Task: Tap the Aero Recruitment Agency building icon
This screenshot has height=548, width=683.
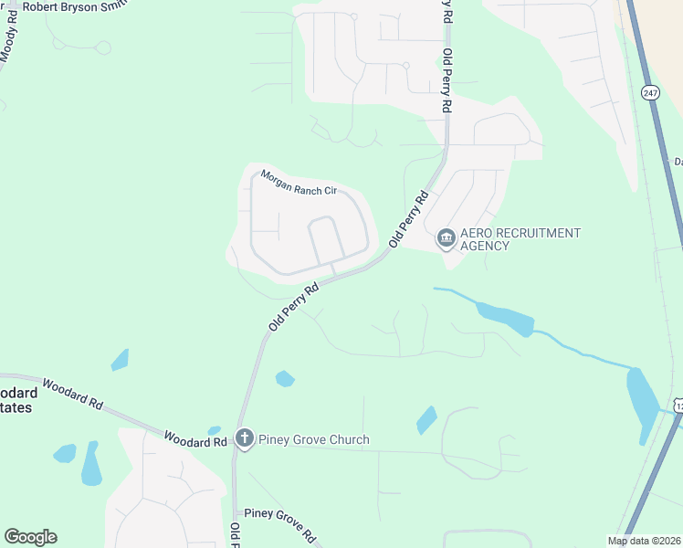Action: tap(446, 239)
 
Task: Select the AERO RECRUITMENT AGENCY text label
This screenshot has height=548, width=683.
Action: tap(520, 239)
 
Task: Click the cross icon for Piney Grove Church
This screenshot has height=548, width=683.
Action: tap(244, 439)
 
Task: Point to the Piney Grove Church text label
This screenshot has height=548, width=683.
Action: tap(314, 439)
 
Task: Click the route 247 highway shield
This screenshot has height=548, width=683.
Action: tap(650, 93)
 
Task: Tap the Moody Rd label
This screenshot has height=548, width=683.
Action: tap(9, 37)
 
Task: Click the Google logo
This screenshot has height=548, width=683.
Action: tap(30, 537)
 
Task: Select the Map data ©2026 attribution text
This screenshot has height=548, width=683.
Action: tap(643, 541)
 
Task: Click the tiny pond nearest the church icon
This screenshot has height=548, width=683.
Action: tap(215, 430)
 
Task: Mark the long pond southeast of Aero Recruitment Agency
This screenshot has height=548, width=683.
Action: tap(503, 316)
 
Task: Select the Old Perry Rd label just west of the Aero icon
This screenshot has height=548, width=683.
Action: tap(409, 219)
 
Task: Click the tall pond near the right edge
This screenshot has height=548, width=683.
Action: tap(641, 398)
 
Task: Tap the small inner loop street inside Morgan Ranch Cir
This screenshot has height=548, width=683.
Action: tap(326, 239)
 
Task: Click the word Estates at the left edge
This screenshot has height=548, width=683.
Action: tap(16, 408)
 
